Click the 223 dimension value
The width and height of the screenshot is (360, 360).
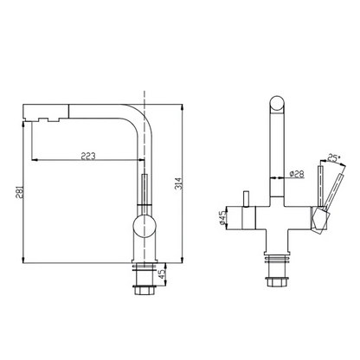coord(88,156)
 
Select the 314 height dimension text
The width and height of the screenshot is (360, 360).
coord(179,183)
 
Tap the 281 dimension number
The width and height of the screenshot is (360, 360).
coord(20,193)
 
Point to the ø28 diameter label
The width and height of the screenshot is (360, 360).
coord(297,174)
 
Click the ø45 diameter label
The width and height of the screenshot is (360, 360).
coord(222,218)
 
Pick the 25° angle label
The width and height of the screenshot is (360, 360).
coord(333,157)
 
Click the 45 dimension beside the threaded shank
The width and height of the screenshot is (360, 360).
coord(163,274)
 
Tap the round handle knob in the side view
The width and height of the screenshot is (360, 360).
coord(145,226)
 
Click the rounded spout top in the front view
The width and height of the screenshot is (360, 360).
coord(277,103)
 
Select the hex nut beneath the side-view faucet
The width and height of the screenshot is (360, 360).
coord(145,289)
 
